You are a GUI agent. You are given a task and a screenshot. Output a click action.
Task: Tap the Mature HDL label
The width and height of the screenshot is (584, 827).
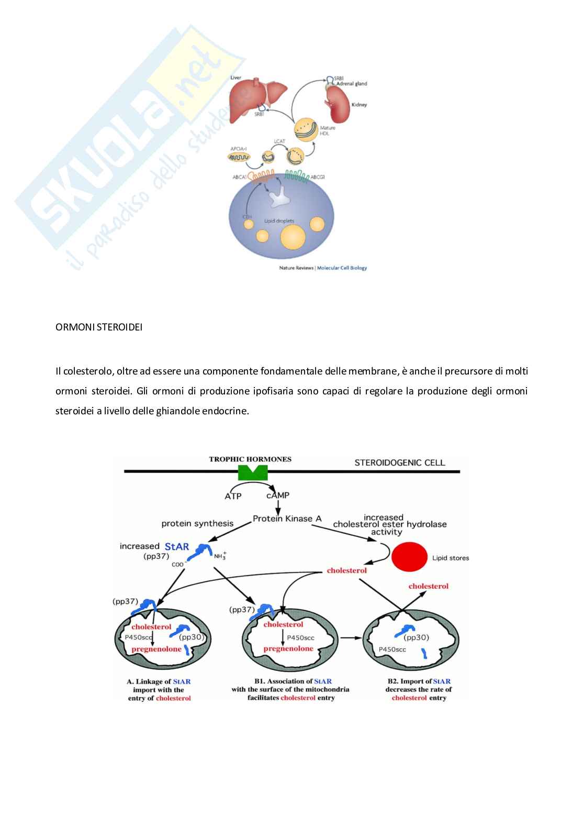(327, 130)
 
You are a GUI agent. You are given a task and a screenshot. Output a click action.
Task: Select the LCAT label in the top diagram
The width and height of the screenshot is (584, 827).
(279, 141)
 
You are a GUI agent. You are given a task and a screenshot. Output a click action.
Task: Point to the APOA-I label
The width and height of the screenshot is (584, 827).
(238, 149)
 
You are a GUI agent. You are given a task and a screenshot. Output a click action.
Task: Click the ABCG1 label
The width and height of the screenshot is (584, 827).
(318, 177)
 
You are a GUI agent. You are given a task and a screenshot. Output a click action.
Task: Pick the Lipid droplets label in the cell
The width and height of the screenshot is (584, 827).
(279, 221)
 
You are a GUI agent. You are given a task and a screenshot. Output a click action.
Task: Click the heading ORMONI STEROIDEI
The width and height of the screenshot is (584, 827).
(99, 327)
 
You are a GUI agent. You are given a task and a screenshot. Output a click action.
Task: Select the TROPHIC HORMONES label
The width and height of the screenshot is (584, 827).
(250, 459)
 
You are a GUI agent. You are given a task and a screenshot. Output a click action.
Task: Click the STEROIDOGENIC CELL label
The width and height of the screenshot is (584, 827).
(400, 462)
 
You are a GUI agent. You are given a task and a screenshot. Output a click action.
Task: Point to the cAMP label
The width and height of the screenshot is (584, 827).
(277, 495)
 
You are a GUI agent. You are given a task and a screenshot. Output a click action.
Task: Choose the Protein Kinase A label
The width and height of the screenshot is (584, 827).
(287, 519)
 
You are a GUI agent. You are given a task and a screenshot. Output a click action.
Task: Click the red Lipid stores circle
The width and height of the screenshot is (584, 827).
(409, 557)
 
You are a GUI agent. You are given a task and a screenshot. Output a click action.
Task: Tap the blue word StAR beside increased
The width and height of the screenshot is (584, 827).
(176, 546)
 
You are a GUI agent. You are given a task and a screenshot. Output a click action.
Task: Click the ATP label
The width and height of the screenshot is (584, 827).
(233, 496)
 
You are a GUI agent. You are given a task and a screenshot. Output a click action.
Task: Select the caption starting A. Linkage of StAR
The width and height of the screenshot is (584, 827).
(159, 690)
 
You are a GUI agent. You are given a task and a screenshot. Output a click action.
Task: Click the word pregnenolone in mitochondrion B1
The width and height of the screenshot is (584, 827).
(288, 648)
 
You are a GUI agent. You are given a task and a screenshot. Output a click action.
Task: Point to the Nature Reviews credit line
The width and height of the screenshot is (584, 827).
(323, 268)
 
